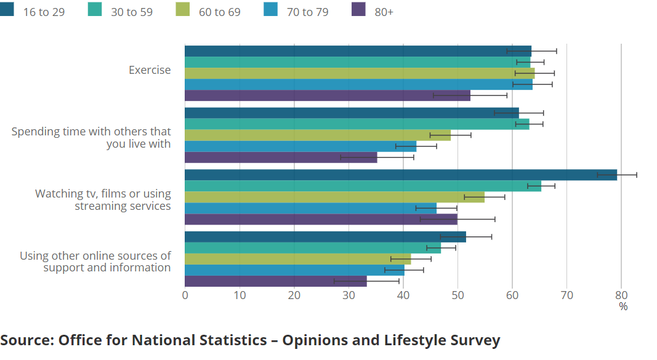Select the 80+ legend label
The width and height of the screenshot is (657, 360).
point(384,12)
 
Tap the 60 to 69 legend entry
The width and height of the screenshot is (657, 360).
point(219,12)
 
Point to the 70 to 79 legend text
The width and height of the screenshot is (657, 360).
point(307,12)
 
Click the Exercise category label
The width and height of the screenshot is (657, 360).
point(150,70)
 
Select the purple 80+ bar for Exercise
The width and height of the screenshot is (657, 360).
point(327,95)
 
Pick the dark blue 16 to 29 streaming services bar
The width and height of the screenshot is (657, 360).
point(400,175)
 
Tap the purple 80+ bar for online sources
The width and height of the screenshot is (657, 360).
point(275,281)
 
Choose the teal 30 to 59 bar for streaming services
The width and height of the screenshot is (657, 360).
point(363,186)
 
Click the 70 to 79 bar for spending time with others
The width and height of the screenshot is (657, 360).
point(300,146)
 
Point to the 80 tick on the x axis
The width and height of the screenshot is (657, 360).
point(621,295)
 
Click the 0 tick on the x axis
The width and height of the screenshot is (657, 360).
point(185,295)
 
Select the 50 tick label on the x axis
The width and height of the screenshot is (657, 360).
point(457,295)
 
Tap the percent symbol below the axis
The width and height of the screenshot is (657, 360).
point(623,306)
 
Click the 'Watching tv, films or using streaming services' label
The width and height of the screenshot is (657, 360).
point(103,200)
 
